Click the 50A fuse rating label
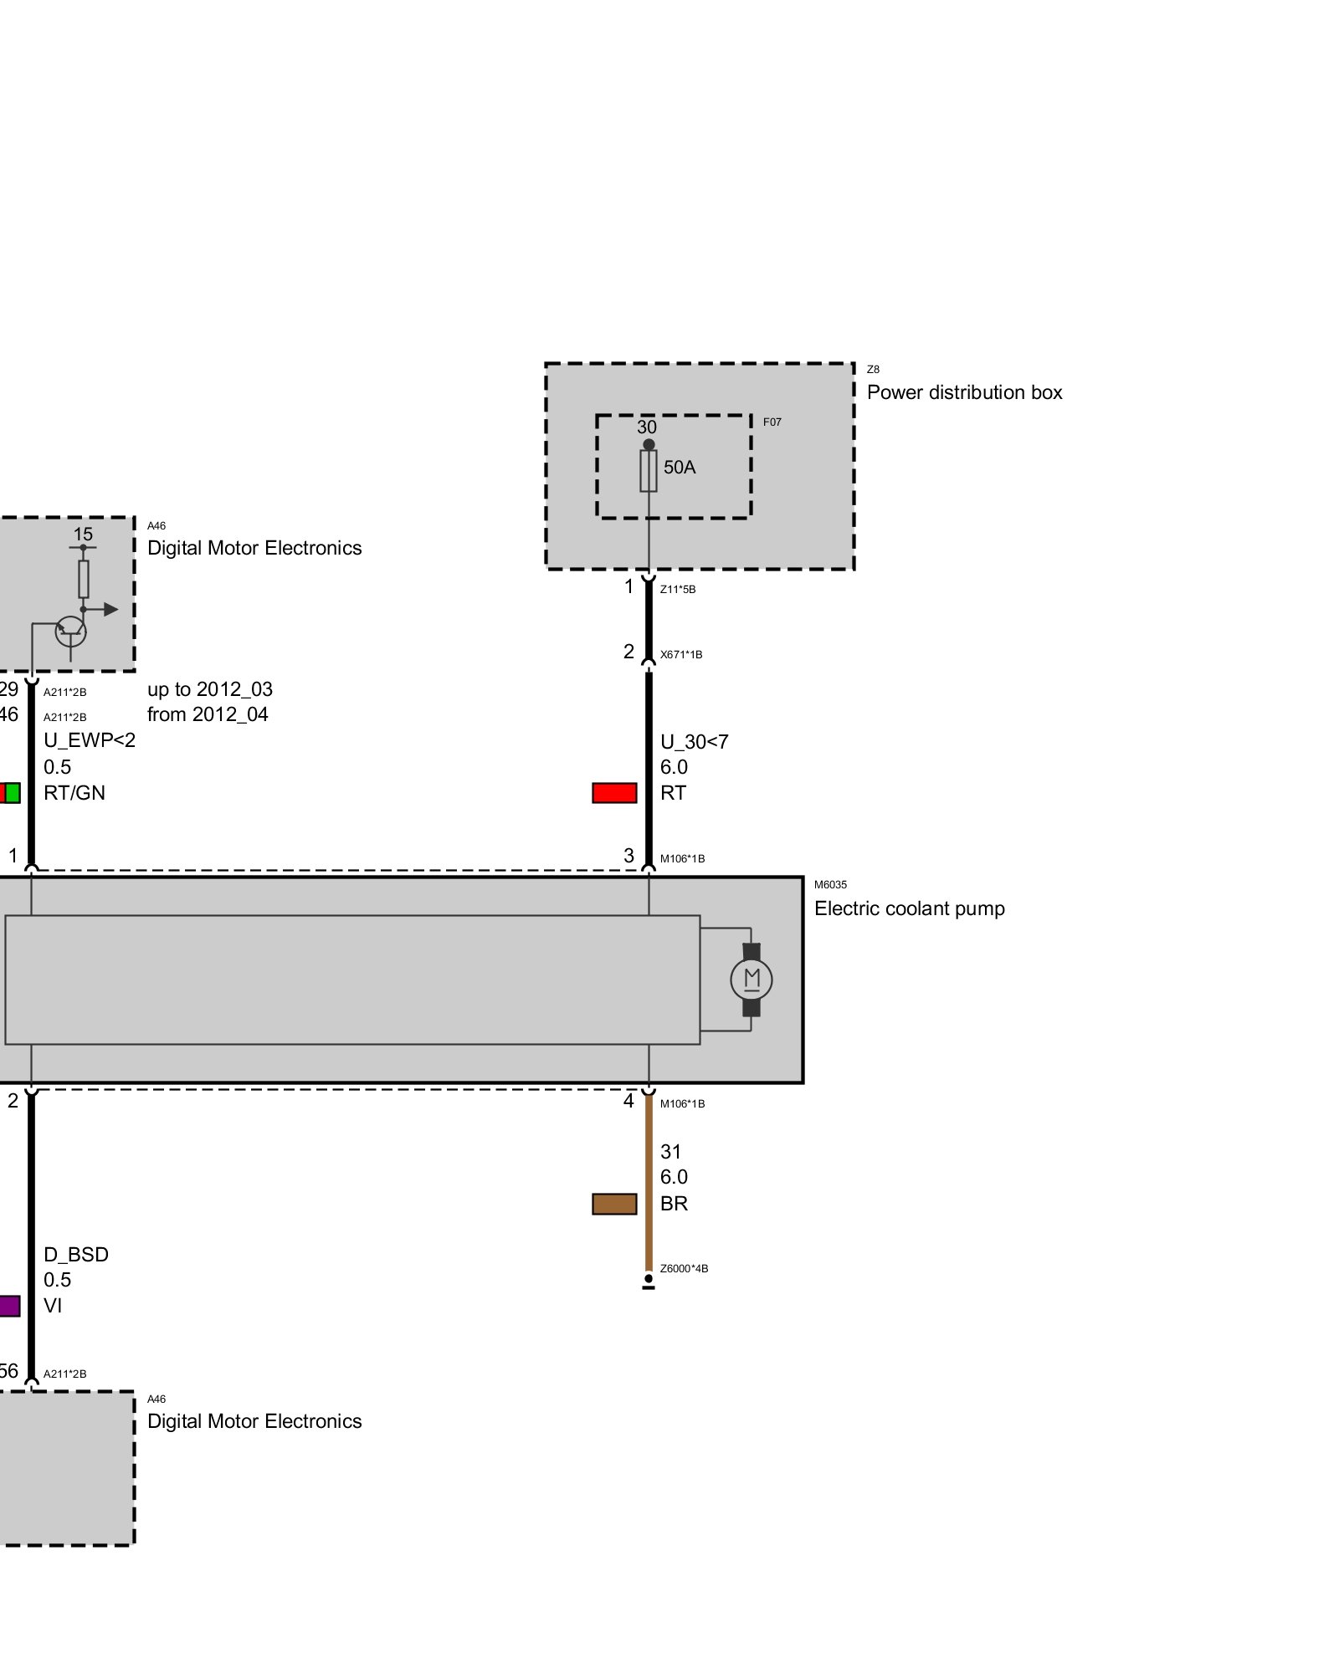(x=679, y=467)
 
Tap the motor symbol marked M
(x=751, y=980)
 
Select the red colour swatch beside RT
(x=614, y=792)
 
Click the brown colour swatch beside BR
(x=614, y=1204)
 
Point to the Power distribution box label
(x=964, y=392)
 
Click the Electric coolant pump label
(x=909, y=908)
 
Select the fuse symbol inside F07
(x=648, y=471)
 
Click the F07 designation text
(x=772, y=422)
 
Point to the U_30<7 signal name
(x=694, y=742)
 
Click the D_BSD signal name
(x=76, y=1254)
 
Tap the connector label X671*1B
(x=681, y=655)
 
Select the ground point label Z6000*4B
(x=684, y=1268)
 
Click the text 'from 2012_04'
(x=208, y=714)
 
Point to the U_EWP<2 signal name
(x=90, y=740)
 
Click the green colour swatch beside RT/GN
(x=13, y=792)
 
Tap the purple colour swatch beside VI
(x=9, y=1306)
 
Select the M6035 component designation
(x=830, y=885)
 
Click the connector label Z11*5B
(x=678, y=590)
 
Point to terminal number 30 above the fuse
(x=647, y=427)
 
